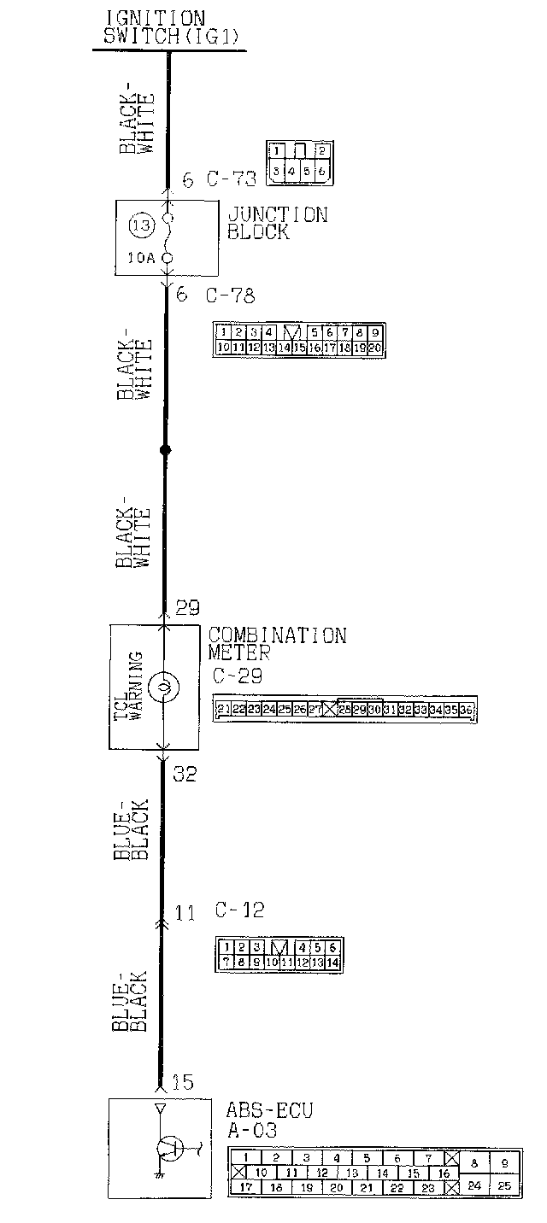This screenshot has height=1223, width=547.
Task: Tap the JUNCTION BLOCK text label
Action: (277, 222)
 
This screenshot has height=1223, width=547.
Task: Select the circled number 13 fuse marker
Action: (141, 226)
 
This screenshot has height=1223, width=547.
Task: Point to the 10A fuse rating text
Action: (141, 257)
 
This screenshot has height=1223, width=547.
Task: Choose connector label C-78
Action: (230, 296)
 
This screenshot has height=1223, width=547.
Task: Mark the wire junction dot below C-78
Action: (165, 449)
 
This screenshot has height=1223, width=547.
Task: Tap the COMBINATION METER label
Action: (277, 643)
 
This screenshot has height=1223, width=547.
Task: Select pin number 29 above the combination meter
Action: (187, 607)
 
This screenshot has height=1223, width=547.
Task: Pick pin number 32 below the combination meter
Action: (185, 774)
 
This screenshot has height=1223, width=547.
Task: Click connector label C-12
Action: (239, 910)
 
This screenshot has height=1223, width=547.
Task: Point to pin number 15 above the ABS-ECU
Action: (183, 1083)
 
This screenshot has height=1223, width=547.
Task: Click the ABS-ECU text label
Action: (269, 1111)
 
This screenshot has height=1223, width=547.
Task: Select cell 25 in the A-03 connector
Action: (504, 1185)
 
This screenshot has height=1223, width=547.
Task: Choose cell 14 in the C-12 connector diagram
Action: (332, 963)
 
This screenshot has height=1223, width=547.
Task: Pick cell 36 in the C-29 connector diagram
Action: (467, 709)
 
